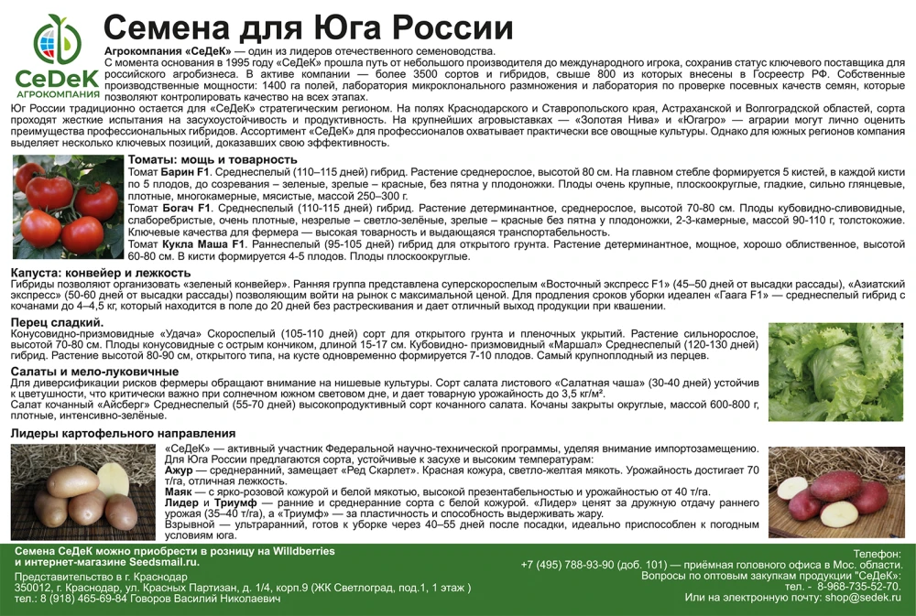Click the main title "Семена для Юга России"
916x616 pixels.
[308, 27]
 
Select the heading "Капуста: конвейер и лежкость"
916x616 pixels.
[101, 273]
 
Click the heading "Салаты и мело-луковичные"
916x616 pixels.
[94, 371]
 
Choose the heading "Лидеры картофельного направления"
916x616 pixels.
[123, 433]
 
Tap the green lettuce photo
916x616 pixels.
[835, 372]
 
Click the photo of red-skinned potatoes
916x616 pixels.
[835, 492]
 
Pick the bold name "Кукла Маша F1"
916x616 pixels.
[206, 244]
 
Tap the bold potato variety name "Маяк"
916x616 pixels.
[180, 492]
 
